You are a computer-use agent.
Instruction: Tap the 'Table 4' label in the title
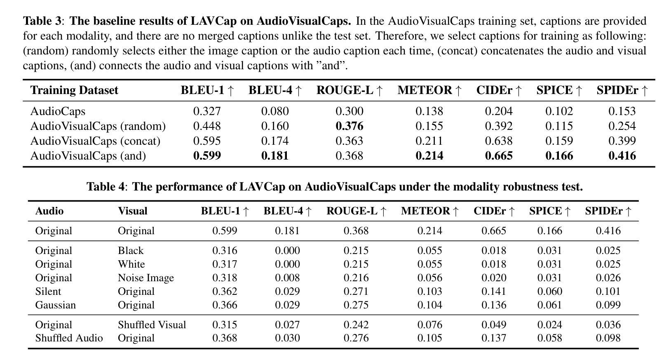click(x=105, y=187)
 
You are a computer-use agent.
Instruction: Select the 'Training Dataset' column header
click(x=74, y=90)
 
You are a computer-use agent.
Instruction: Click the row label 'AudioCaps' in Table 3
click(x=58, y=111)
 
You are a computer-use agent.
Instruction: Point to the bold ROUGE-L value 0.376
click(x=349, y=126)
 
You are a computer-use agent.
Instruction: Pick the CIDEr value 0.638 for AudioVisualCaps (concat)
click(x=498, y=141)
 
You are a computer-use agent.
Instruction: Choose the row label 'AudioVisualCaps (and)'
click(x=88, y=156)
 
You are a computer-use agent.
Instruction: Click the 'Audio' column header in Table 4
click(x=49, y=211)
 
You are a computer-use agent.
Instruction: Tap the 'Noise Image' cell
click(x=145, y=278)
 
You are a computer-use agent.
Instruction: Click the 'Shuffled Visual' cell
click(x=152, y=325)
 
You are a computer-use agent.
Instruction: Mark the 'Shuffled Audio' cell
click(x=69, y=338)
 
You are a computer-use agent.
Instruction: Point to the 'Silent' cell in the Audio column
click(x=48, y=292)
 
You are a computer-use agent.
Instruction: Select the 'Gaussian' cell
click(x=55, y=305)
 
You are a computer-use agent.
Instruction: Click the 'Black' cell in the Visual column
click(x=130, y=251)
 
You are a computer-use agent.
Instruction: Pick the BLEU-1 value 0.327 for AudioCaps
click(x=207, y=111)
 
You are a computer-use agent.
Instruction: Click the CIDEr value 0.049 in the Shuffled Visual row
click(x=493, y=325)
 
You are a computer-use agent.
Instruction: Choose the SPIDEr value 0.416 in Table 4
click(x=608, y=231)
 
